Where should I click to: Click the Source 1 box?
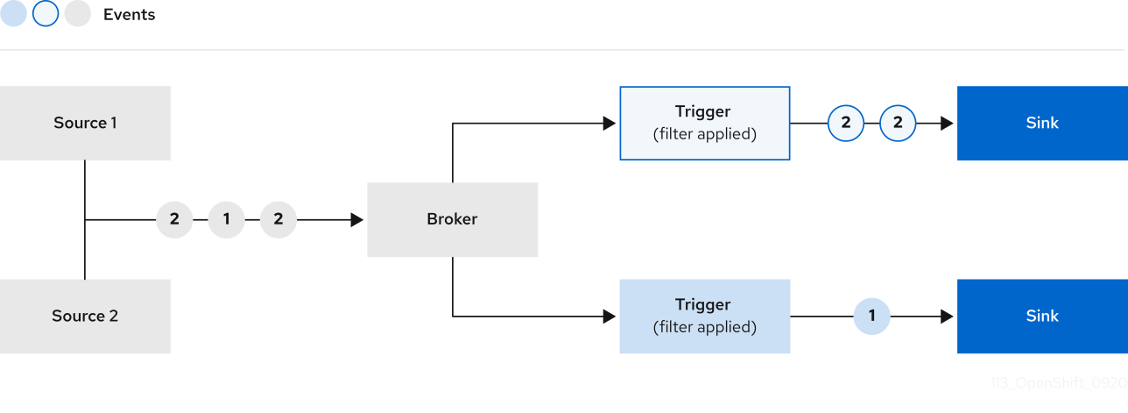point(85,123)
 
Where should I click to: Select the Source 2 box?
point(85,317)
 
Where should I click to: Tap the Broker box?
point(452,219)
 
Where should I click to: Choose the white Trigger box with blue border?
point(704,123)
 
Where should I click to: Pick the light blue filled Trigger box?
point(704,317)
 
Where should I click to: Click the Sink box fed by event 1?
point(1042,317)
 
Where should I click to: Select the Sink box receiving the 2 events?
point(1042,123)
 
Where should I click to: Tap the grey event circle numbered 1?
point(227,220)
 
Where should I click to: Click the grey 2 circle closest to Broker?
point(278,220)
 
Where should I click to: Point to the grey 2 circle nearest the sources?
point(174,220)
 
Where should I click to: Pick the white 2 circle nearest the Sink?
point(898,124)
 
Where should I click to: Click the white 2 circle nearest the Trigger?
point(846,124)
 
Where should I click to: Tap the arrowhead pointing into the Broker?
point(357,220)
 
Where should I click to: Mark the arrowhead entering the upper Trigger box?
point(610,124)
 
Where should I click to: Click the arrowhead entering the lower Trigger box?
point(610,317)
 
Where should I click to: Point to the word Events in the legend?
point(129,15)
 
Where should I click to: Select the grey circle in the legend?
point(78,14)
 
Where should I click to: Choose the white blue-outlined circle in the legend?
point(46,14)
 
